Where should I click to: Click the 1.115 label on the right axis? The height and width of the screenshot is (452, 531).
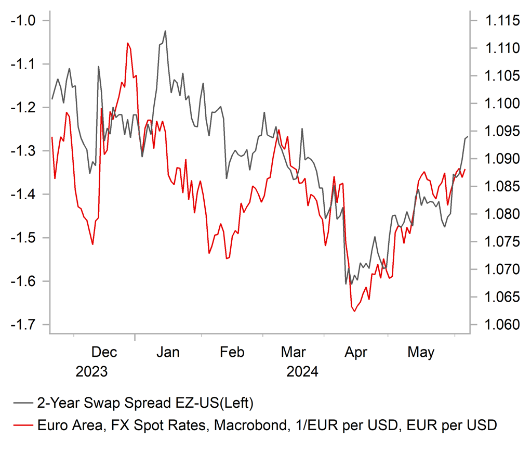point(502,21)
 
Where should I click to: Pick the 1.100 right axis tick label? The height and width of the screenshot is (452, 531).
point(502,104)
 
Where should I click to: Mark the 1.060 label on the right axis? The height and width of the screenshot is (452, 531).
point(502,325)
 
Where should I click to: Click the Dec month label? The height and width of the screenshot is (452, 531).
point(104,353)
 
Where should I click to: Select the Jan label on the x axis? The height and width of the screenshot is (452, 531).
point(168,353)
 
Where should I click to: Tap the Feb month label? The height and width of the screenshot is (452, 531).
point(232,353)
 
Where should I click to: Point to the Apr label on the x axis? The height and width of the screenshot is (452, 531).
point(355,353)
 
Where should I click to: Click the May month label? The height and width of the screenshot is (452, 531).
point(421,353)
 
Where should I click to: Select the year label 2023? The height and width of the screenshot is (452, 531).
point(92,372)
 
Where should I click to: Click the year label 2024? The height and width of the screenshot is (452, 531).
point(301,372)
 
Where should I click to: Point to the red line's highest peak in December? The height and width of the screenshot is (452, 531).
point(127,43)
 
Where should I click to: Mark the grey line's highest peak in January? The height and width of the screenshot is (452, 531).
point(165,31)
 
